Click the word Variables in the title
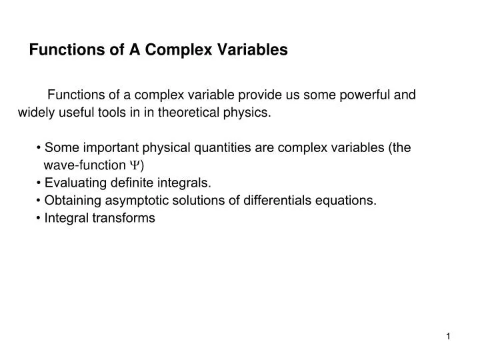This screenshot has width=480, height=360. point(253,49)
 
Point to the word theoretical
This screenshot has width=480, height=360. point(189,112)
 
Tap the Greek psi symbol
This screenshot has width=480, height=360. point(135,165)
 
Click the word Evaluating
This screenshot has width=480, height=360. point(74,182)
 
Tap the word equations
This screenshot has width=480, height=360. point(347,199)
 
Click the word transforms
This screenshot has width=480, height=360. point(125,217)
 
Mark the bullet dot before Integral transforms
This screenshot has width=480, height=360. point(40,217)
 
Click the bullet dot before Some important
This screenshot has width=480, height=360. point(40,147)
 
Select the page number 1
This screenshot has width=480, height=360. point(449,337)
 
